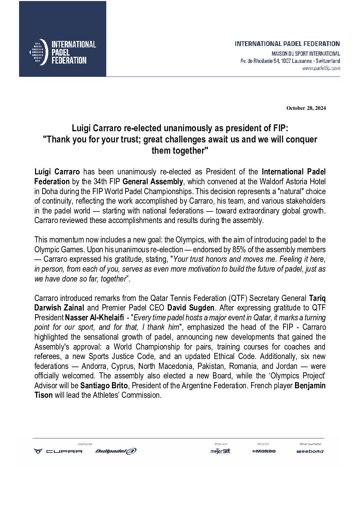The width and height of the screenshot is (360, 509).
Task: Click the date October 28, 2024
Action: (306, 108)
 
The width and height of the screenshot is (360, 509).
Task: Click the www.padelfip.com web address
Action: (321, 68)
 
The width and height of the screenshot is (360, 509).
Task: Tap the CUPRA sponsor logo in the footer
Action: (58, 451)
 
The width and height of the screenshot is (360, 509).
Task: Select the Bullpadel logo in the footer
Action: (116, 451)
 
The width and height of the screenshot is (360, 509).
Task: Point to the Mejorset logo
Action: (220, 451)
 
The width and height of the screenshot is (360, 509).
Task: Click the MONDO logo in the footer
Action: (264, 451)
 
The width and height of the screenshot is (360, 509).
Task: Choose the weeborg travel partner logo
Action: (310, 452)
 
